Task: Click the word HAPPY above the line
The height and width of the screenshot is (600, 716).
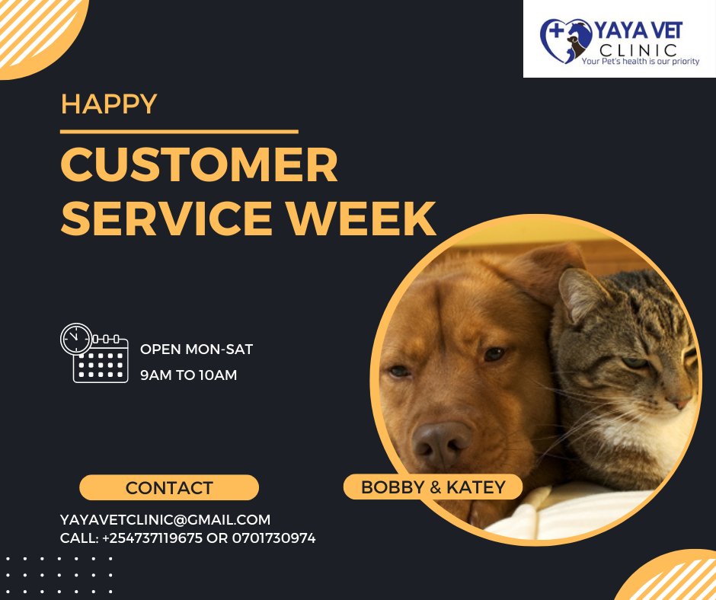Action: [x=109, y=104]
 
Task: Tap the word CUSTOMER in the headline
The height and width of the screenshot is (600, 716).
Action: [x=199, y=165]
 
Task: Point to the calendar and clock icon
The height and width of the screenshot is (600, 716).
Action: [x=94, y=353]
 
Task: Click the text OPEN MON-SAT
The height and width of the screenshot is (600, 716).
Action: [x=197, y=349]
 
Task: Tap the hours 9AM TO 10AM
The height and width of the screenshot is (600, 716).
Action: [x=188, y=375]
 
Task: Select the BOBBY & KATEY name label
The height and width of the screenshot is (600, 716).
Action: [x=433, y=487]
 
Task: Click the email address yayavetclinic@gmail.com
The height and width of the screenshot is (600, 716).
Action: [x=165, y=520]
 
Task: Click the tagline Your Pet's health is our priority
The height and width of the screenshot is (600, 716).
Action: [x=640, y=61]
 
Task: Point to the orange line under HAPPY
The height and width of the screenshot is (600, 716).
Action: [x=178, y=132]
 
